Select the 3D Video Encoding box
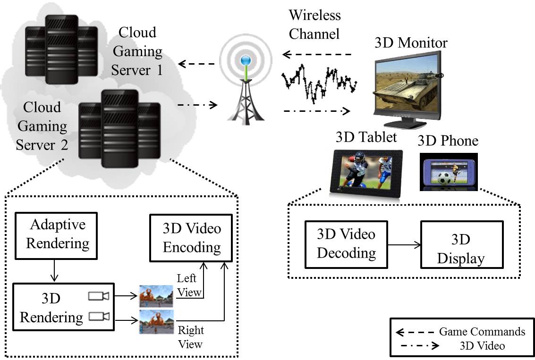coord(191,238)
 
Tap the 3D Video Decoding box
coord(346,243)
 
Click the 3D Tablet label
coord(366,137)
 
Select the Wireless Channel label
coord(314,25)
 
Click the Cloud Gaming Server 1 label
coord(137,51)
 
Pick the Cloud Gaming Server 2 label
coord(42,126)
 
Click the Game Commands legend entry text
coord(482,331)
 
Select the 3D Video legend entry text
coord(482,346)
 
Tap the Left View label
coord(189,285)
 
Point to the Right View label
coord(190,336)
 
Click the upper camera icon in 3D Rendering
coord(99,296)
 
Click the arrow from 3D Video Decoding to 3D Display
coord(403,244)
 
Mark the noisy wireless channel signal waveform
coord(319,84)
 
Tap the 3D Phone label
coord(448,141)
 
